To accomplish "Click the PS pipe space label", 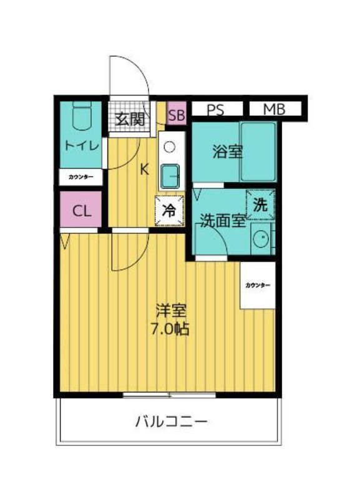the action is point(215,110).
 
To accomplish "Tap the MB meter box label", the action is point(274,110).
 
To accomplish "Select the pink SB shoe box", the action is point(177,113).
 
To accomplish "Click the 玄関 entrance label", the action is point(130,119).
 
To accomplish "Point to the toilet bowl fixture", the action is point(82,115).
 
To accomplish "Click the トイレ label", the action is point(82,146).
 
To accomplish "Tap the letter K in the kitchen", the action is point(145,169).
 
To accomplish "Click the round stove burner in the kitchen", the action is point(169,147).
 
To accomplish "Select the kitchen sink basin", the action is point(170,177).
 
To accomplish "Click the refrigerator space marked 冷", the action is point(169,210).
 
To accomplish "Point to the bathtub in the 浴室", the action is point(258,152).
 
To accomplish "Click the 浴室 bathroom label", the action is point(228,152).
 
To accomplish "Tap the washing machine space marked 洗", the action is point(260,205).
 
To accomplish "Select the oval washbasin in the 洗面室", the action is point(261,238).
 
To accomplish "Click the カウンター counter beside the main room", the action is point(258,285).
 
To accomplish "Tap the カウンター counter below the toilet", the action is point(81,177).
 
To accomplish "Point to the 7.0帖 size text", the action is point(170,329).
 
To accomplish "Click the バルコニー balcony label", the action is point(171,422).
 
